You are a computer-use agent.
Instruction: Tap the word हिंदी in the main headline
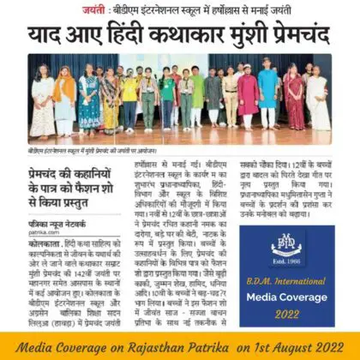[x=134, y=36]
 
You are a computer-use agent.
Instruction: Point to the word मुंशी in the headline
[x=253, y=36]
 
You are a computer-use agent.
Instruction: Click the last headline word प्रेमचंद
[x=302, y=36]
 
